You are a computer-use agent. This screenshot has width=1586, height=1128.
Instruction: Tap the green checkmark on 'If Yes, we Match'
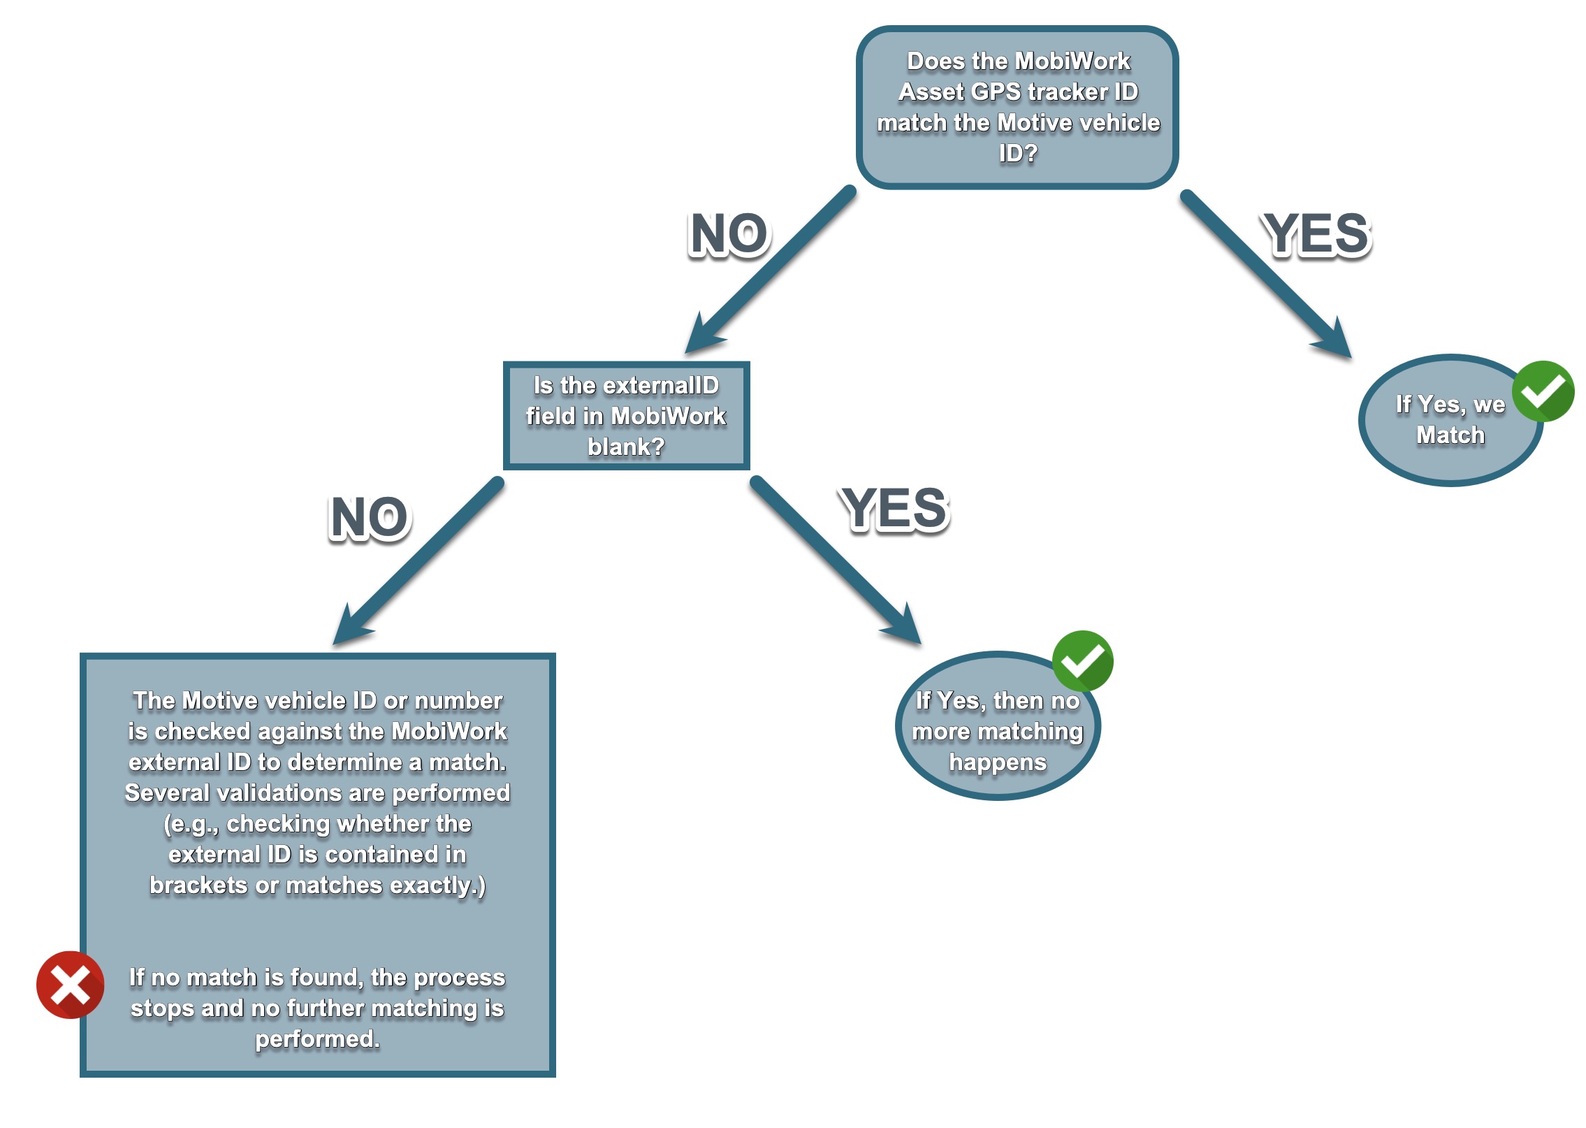click(x=1543, y=391)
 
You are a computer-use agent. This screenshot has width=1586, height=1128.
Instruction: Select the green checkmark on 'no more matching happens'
click(x=1082, y=660)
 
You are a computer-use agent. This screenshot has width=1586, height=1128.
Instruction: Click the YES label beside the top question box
click(x=1317, y=234)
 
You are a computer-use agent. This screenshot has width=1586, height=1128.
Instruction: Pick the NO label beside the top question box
click(x=729, y=234)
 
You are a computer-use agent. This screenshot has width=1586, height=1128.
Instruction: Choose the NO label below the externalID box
click(x=370, y=518)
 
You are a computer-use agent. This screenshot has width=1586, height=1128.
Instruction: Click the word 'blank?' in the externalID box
click(x=626, y=446)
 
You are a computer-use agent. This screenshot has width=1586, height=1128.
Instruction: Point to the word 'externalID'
click(x=660, y=385)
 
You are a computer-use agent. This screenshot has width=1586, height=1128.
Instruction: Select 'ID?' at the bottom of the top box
click(x=1018, y=152)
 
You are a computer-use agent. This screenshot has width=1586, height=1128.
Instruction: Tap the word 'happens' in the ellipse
click(x=998, y=762)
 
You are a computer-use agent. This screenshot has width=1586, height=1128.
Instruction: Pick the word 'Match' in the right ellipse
click(x=1450, y=435)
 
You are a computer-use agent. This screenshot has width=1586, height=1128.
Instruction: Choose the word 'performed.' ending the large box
click(x=317, y=1039)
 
